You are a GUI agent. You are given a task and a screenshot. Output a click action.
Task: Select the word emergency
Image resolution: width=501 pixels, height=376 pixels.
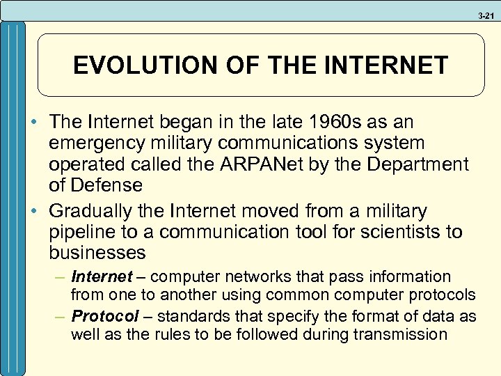(95, 143)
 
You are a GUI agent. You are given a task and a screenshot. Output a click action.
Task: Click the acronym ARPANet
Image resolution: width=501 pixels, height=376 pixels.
(280, 164)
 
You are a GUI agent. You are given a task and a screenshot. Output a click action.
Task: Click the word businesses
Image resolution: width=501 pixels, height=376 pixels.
(97, 252)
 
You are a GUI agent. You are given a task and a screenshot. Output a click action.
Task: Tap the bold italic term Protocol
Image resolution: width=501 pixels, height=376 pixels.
(105, 316)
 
